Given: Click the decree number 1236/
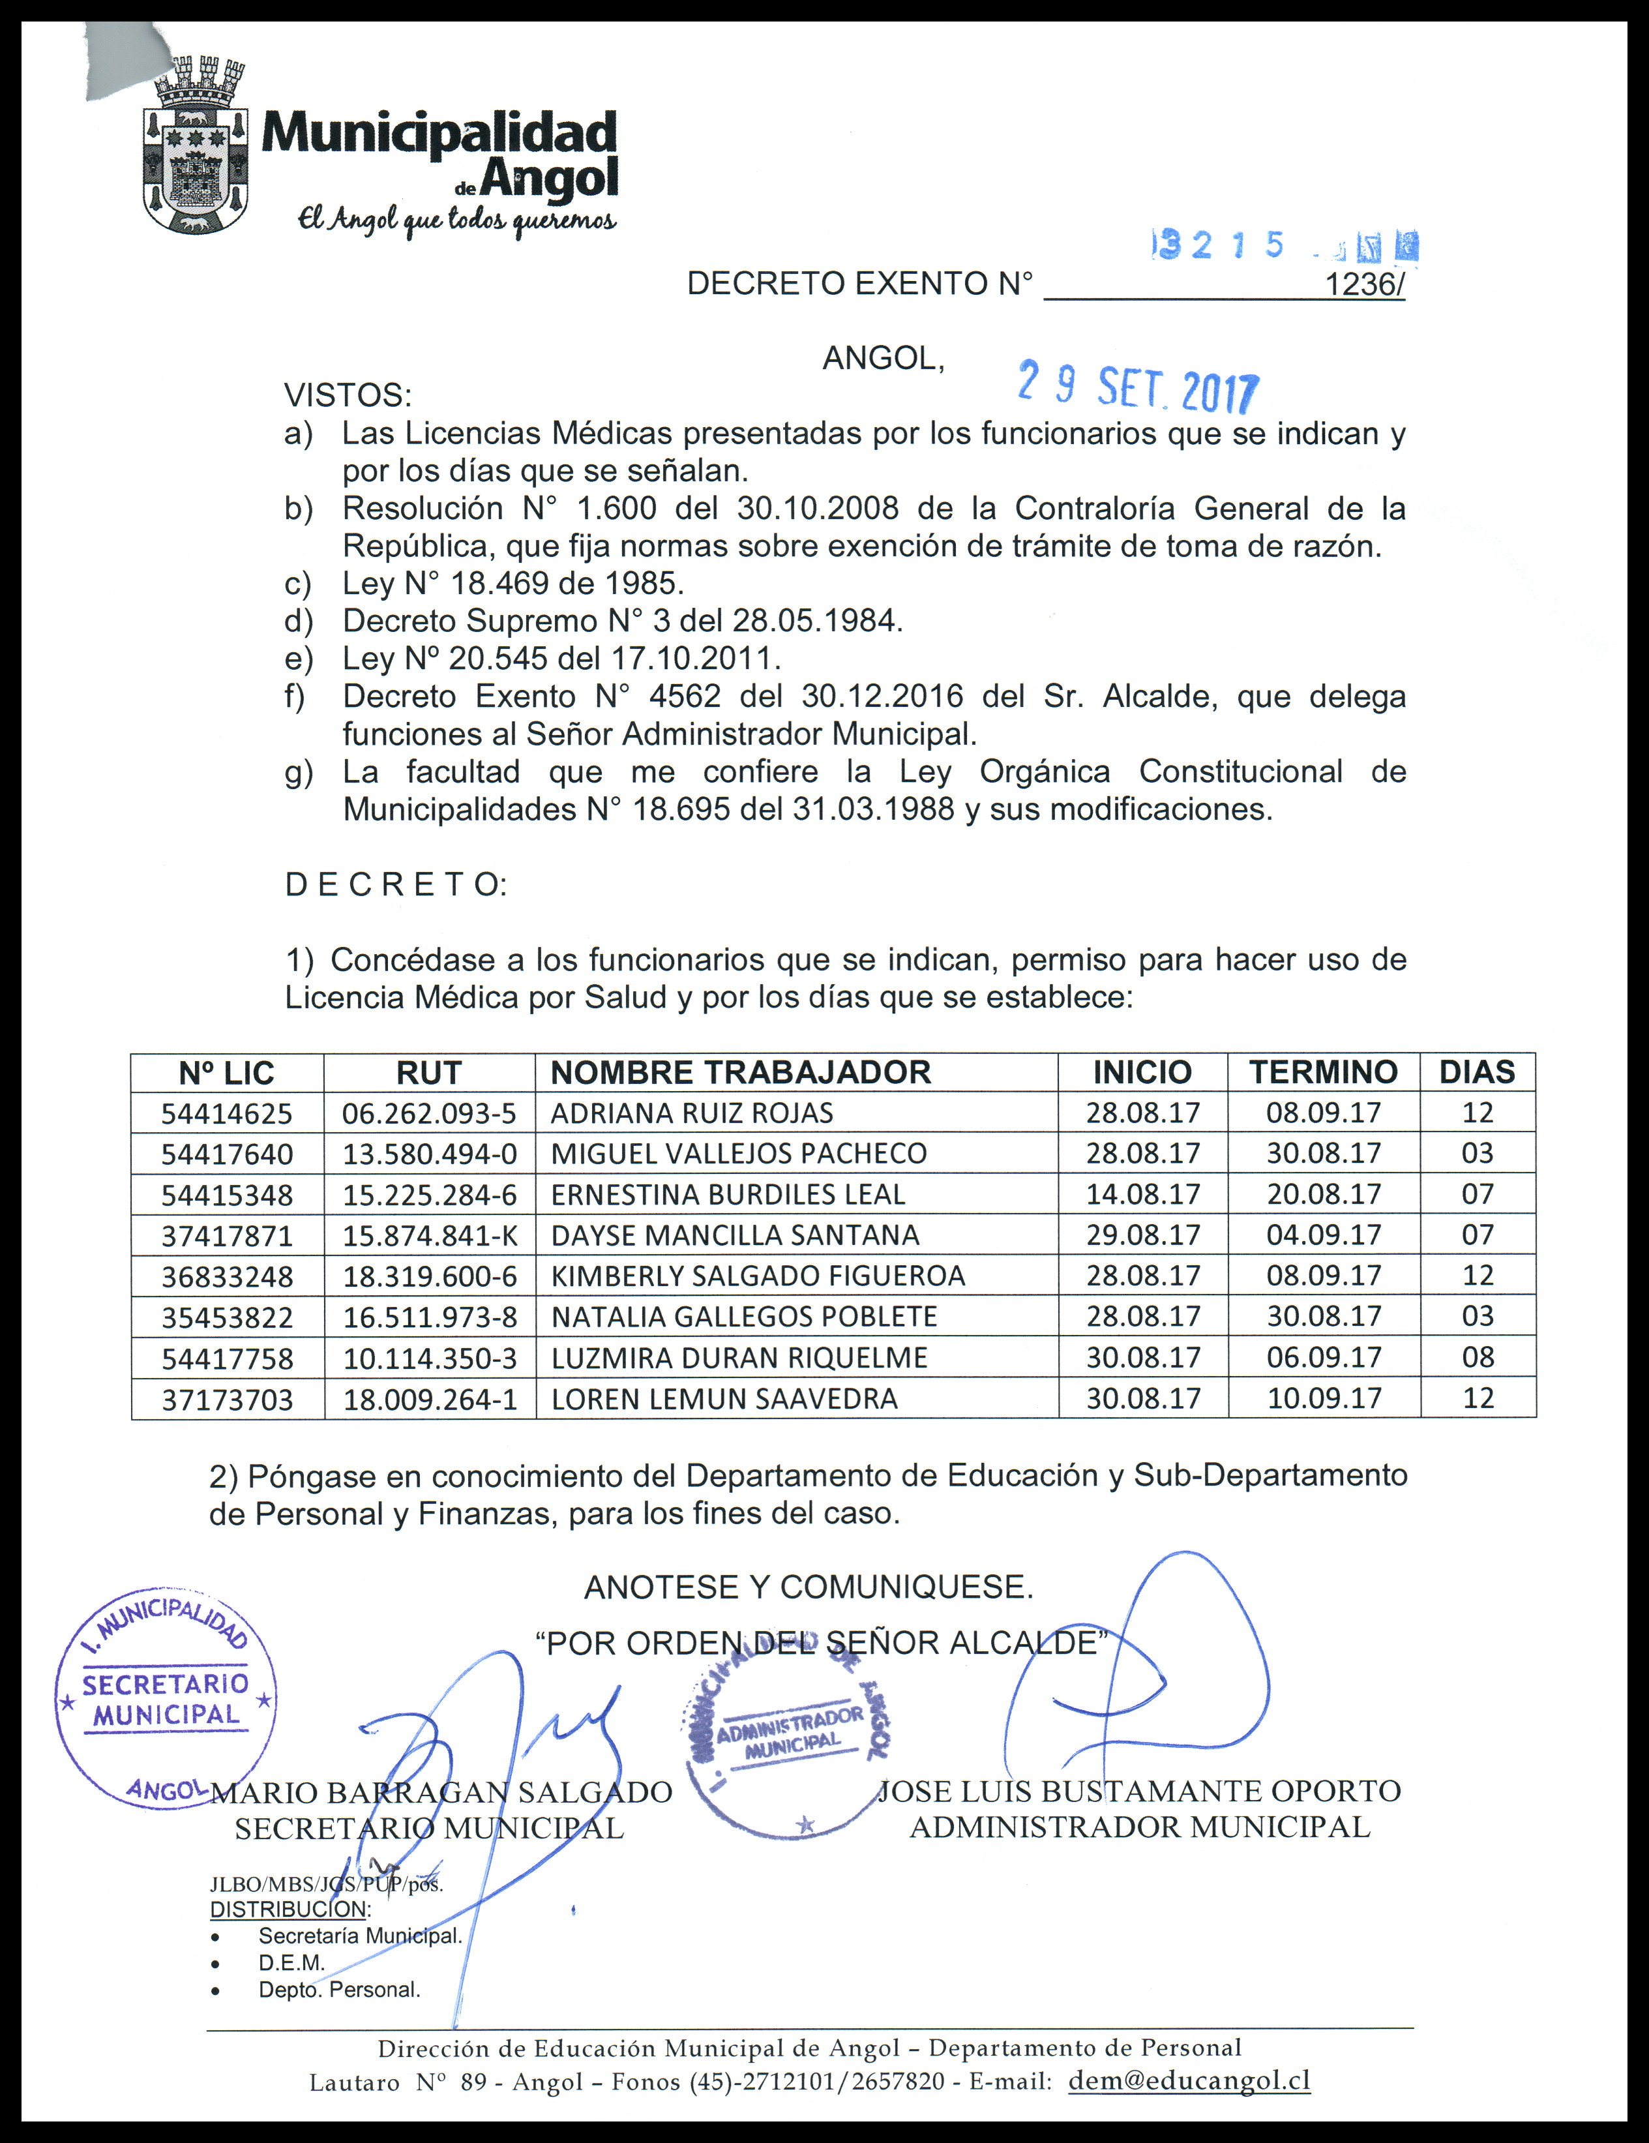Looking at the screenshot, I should (1363, 284).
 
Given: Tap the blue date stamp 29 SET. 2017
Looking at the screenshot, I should (1138, 387).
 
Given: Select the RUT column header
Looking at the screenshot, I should (428, 1073).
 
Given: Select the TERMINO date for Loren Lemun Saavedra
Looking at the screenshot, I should (1324, 1398).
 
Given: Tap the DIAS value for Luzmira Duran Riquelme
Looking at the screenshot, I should (1478, 1358).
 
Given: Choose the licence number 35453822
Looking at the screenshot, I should (227, 1317).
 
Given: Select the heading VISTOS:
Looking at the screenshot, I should (348, 397).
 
